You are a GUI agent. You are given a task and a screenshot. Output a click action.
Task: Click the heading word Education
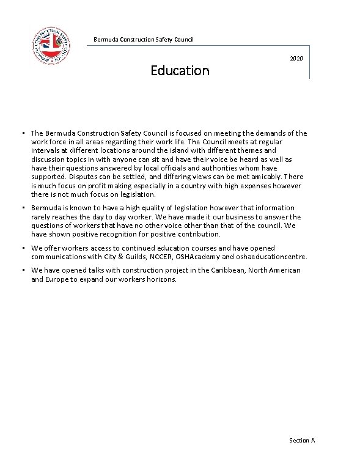click(180, 70)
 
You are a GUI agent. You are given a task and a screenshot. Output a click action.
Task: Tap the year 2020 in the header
click(296, 58)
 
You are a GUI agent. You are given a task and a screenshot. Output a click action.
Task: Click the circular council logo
click(51, 46)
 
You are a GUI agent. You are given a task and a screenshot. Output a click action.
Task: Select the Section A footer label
click(302, 440)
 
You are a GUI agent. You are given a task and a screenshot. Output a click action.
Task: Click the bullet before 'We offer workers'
click(21, 248)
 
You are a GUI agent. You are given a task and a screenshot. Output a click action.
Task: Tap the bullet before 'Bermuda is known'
click(21, 208)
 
